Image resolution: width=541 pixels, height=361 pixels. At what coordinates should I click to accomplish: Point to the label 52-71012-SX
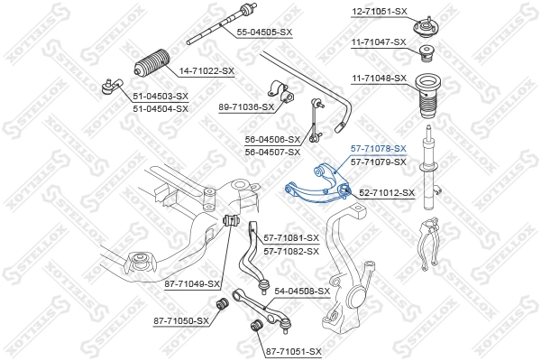385,192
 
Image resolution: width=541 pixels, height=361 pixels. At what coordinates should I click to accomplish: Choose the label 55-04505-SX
264,32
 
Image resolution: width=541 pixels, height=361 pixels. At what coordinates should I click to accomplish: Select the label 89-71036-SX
246,106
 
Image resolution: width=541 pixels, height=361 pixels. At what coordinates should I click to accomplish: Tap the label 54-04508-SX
302,292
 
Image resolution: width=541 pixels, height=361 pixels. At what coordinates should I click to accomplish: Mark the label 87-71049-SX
192,283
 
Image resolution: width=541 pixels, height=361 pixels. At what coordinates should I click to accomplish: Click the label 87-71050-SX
180,320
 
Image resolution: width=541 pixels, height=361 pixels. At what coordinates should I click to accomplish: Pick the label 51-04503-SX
160,96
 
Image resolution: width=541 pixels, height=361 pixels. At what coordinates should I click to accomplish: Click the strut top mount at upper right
424,21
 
